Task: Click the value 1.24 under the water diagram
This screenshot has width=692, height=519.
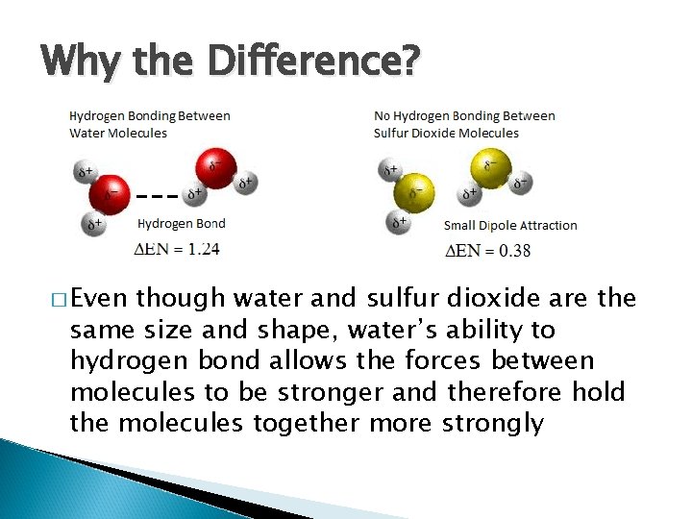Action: pyautogui.click(x=205, y=249)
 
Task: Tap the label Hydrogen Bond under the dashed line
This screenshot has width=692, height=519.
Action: pyautogui.click(x=182, y=224)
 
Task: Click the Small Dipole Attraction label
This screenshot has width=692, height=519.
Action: pyautogui.click(x=510, y=226)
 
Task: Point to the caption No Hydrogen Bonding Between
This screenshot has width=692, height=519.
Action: pyautogui.click(x=464, y=116)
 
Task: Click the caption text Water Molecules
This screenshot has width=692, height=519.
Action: pyautogui.click(x=118, y=134)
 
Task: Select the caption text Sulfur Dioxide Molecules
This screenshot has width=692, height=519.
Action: pyautogui.click(x=446, y=134)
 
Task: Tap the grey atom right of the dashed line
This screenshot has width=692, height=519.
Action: pyautogui.click(x=194, y=195)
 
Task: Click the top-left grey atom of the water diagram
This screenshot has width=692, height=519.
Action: pyautogui.click(x=86, y=172)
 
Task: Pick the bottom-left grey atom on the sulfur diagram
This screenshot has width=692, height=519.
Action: pyautogui.click(x=397, y=224)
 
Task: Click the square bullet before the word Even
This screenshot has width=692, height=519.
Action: pyautogui.click(x=56, y=298)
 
